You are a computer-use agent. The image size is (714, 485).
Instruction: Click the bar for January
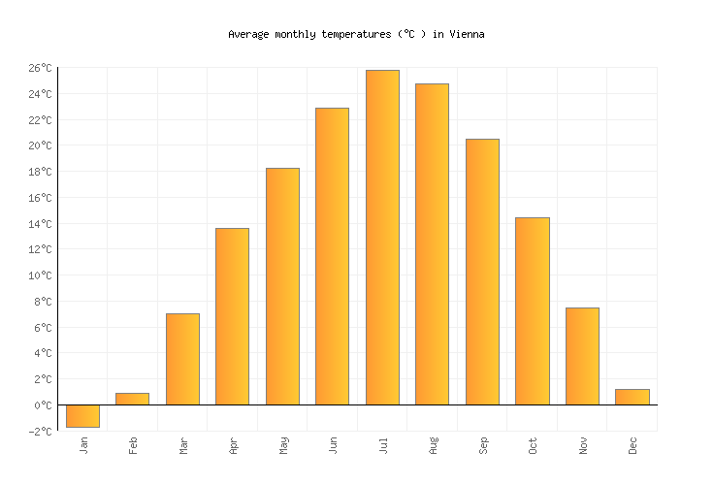coord(82,415)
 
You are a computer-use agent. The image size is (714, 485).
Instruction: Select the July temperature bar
coord(382,237)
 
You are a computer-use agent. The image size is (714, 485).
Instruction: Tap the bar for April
coord(232,316)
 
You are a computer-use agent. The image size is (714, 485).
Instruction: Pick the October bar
coord(532,310)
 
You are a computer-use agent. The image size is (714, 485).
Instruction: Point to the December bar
coord(632,397)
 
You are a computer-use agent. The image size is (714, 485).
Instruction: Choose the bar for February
coord(132,399)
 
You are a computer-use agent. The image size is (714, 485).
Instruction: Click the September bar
coord(482,272)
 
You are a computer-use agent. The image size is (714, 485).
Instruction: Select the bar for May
coord(282,286)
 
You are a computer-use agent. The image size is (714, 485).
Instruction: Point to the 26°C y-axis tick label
coord(40,68)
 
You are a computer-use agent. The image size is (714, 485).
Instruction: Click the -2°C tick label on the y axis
coord(40,432)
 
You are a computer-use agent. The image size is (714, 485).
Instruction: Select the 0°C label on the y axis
coord(43,405)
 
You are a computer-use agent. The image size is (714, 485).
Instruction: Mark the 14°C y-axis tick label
coord(40,224)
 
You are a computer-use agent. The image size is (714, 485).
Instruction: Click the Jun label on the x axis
coord(334,444)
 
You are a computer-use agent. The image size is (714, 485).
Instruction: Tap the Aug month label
coord(434,444)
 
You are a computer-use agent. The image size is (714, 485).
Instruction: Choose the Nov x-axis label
coord(584,444)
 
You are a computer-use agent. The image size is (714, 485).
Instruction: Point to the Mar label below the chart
coord(183,444)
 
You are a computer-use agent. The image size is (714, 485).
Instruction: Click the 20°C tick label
coord(40,145)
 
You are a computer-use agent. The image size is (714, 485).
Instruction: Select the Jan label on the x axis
coord(83,444)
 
